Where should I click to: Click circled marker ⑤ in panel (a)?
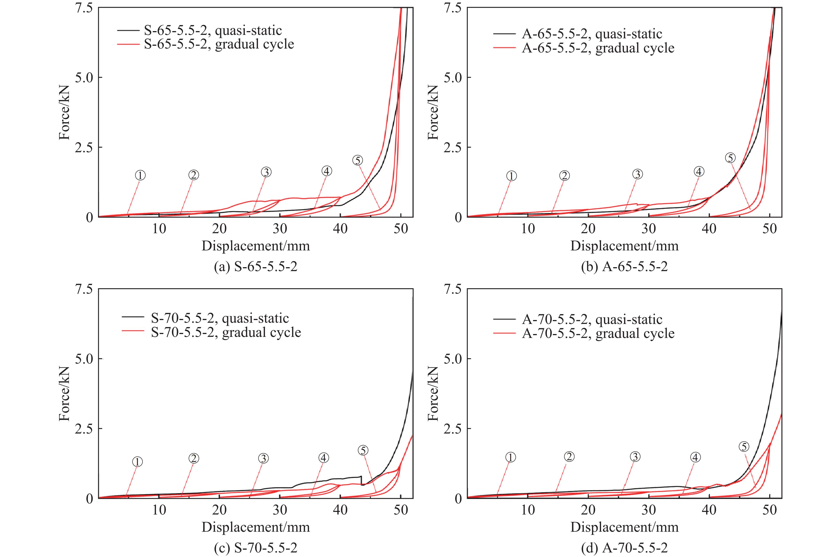click(x=357, y=160)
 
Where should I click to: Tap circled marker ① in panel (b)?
click(x=511, y=176)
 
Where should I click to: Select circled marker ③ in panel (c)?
click(x=263, y=459)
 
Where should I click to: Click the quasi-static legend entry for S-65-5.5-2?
click(x=212, y=31)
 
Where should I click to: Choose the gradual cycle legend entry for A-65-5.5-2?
click(x=598, y=48)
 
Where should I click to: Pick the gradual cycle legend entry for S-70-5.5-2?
click(x=226, y=332)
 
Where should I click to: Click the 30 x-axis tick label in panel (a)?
click(x=280, y=229)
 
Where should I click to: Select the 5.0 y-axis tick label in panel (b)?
click(x=453, y=78)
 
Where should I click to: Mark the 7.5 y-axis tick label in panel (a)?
click(x=84, y=8)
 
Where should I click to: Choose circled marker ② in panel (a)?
click(x=194, y=175)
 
